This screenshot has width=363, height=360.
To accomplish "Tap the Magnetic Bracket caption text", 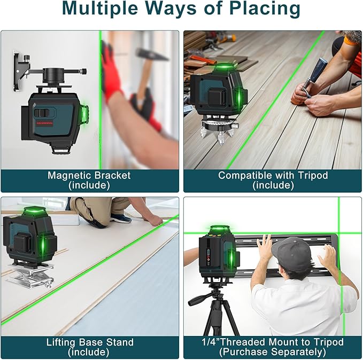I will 89,175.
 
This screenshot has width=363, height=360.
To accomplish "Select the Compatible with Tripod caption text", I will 273,175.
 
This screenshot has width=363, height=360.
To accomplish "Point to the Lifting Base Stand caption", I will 89,342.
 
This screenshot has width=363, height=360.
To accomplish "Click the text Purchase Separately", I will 273,352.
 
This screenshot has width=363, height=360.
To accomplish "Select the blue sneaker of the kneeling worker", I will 120,217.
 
